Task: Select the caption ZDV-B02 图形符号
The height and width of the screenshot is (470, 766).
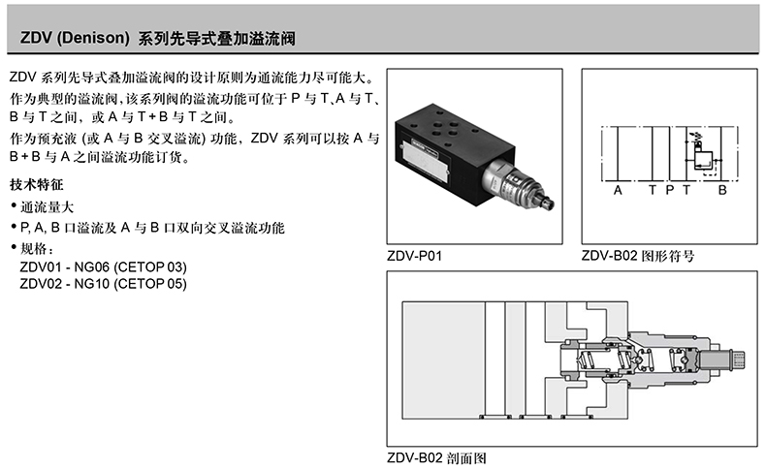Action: (x=637, y=257)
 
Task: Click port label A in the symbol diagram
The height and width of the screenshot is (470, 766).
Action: (x=617, y=191)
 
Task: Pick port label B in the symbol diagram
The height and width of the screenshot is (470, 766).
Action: (x=721, y=191)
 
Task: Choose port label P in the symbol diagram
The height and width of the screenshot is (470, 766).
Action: (x=669, y=191)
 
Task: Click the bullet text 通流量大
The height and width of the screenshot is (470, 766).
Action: (x=48, y=206)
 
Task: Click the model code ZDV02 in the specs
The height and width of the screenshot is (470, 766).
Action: (x=40, y=284)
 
